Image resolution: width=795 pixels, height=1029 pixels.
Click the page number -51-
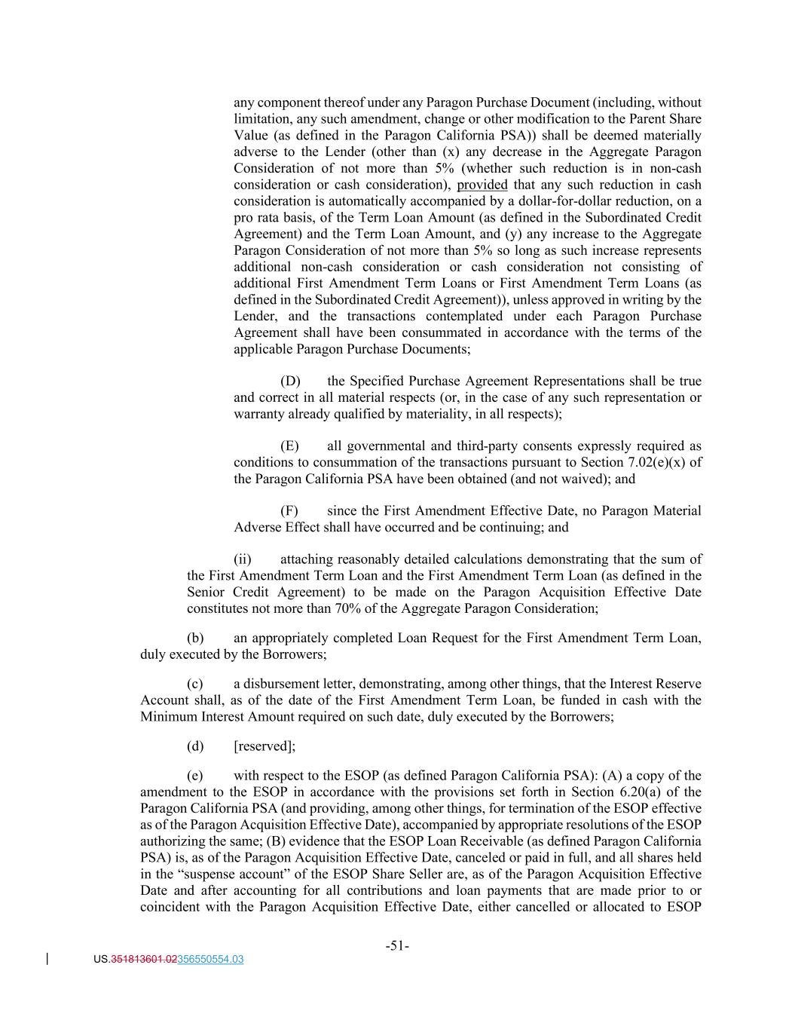click(397, 945)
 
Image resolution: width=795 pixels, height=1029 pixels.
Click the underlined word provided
click(482, 185)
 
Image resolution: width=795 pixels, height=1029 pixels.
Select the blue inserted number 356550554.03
click(210, 960)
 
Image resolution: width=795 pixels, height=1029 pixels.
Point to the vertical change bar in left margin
click(48, 959)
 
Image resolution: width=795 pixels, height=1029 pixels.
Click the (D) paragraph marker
click(290, 381)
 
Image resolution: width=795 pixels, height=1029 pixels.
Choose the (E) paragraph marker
click(289, 446)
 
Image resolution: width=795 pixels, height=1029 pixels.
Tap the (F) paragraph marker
click(289, 511)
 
